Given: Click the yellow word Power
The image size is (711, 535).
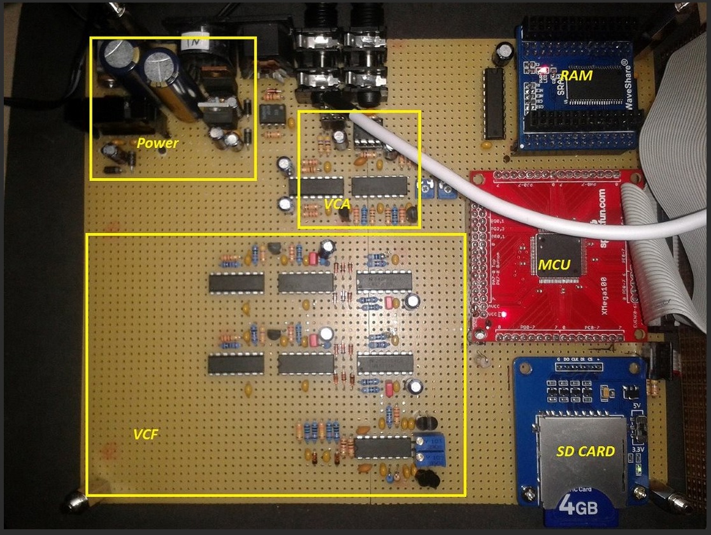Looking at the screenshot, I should pyautogui.click(x=157, y=143).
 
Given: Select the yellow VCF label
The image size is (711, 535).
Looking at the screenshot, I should pyautogui.click(x=145, y=435).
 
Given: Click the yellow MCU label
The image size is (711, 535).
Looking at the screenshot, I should pyautogui.click(x=555, y=264).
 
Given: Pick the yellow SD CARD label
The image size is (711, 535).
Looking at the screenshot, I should pyautogui.click(x=585, y=452).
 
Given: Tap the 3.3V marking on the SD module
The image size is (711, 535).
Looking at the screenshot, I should pyautogui.click(x=636, y=448).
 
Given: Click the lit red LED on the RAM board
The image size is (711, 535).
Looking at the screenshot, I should pyautogui.click(x=545, y=69).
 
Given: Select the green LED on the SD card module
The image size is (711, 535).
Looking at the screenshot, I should pyautogui.click(x=638, y=471).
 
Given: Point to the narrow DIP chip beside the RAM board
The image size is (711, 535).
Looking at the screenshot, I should pyautogui.click(x=494, y=103).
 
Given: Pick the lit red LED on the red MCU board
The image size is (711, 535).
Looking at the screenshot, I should pyautogui.click(x=505, y=314).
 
